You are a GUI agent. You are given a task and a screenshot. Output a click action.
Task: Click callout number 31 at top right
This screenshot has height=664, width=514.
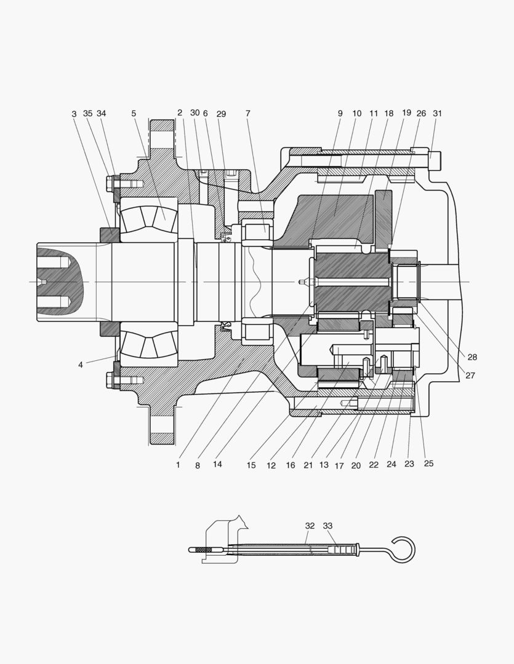tap(437, 113)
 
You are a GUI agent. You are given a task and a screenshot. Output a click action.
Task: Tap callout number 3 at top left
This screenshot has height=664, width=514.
tap(74, 114)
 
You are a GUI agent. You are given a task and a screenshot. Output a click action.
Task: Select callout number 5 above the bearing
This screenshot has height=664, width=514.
tap(134, 114)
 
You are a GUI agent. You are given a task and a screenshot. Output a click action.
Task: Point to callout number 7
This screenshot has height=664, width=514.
tap(247, 114)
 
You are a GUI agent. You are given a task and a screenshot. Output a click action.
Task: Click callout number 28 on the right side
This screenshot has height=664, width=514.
tap(472, 357)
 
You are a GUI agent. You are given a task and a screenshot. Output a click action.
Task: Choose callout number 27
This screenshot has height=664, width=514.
tap(470, 375)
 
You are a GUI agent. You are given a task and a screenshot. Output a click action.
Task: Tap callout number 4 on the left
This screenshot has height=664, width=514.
tap(81, 365)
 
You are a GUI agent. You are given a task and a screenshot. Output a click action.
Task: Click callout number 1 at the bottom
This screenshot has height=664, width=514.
tap(178, 465)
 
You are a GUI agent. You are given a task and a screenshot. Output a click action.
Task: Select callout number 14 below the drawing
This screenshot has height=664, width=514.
tap(217, 464)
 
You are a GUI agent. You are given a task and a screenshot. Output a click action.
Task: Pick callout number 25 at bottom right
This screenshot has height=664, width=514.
tap(429, 464)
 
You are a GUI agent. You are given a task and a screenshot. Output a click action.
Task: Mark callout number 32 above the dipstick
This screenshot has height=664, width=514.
tap(310, 526)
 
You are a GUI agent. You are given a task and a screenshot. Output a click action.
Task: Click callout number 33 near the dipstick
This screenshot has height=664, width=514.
tap(328, 526)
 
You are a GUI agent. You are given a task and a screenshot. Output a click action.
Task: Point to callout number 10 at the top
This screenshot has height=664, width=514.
tap(357, 114)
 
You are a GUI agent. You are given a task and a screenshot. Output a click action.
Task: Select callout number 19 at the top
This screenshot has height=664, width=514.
tap(406, 113)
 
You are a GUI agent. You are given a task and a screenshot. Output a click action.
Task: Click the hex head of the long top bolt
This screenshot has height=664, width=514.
tap(436, 160)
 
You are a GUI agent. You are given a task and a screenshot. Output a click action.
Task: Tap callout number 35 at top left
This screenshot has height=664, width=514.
tap(87, 113)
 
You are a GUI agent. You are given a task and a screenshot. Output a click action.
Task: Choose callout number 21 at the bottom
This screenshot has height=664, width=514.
tap(308, 465)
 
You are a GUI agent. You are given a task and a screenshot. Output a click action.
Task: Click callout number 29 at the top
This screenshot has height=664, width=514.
tap(221, 114)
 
